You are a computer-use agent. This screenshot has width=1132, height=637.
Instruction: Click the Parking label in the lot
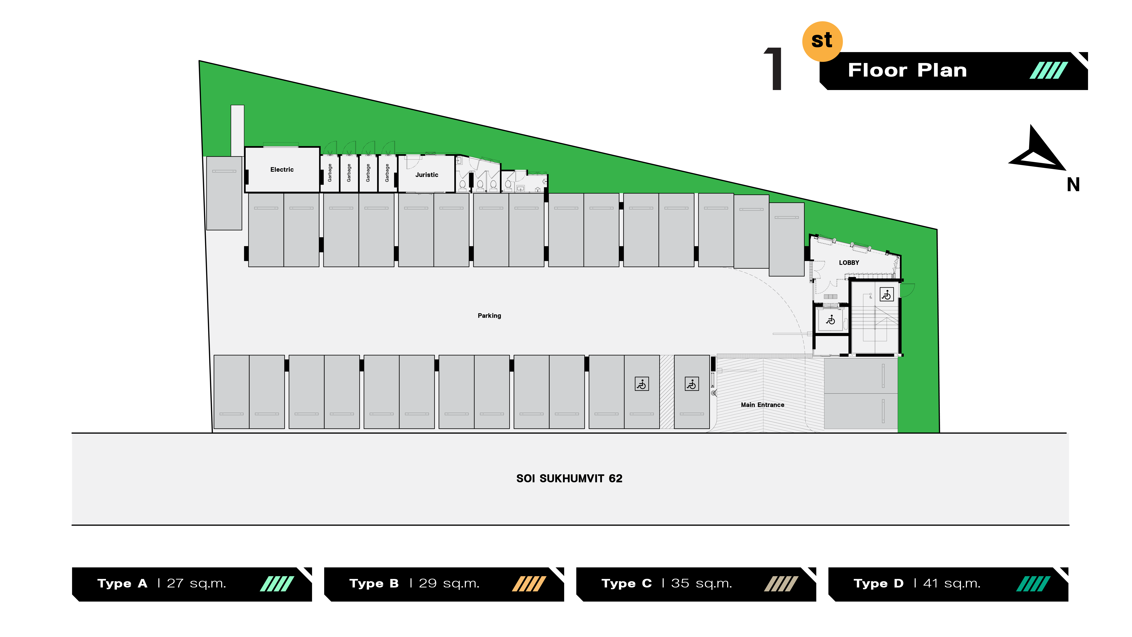pyautogui.click(x=489, y=316)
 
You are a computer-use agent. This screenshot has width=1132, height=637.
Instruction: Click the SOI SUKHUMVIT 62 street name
pyautogui.click(x=569, y=478)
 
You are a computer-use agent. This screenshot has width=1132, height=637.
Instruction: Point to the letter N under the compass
pyautogui.click(x=1073, y=185)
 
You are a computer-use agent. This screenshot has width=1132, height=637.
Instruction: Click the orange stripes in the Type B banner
pyautogui.click(x=529, y=584)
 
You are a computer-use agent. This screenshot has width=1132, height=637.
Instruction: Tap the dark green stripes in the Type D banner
pyautogui.click(x=1033, y=584)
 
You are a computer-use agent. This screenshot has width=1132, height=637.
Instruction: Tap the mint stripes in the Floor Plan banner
pyautogui.click(x=1049, y=70)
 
